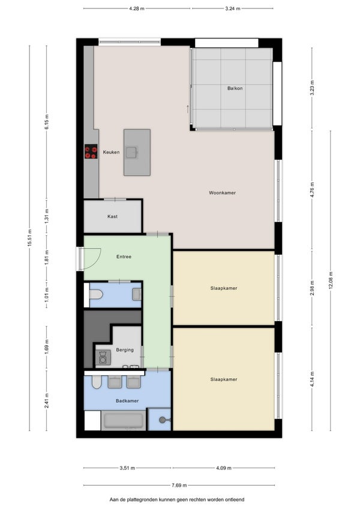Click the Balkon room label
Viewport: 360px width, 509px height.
235,88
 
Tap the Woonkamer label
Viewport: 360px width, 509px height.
222,193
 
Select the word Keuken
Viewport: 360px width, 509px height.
112,152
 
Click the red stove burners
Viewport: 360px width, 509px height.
91,152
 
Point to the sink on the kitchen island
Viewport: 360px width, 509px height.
132,152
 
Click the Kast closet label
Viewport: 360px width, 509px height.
112,217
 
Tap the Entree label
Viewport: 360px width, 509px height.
124,257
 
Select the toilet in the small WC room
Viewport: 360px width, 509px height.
96,295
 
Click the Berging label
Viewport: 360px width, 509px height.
125,350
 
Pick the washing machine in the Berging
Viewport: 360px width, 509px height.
103,358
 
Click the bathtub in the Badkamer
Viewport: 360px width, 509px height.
124,421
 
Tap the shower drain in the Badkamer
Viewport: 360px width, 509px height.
163,420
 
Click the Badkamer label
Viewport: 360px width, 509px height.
127,401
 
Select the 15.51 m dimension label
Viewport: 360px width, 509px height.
29,238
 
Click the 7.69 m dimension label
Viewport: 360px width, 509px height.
179,486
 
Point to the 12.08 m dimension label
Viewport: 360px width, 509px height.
331,280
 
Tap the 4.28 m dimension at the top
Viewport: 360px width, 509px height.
136,9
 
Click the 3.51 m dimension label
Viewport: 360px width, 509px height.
127,468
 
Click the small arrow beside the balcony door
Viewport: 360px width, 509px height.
188,109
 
